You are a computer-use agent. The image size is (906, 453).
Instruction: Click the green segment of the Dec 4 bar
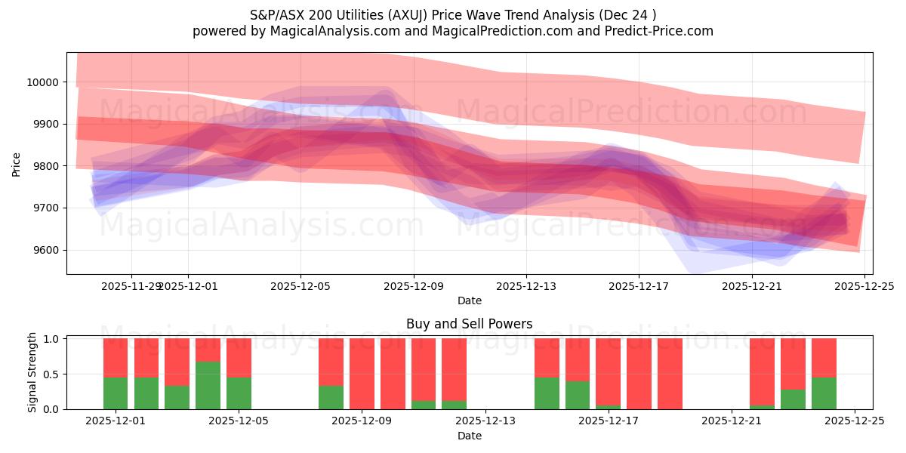point(208,385)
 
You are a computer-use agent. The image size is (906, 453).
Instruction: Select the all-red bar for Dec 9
point(362,374)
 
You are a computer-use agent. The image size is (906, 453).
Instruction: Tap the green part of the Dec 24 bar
point(824,393)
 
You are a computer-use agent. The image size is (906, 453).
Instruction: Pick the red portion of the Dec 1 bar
point(116,357)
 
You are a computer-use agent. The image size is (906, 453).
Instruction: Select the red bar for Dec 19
point(670,374)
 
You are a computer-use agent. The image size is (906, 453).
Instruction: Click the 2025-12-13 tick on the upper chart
point(526,286)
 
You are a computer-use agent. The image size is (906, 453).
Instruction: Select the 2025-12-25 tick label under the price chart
point(864,286)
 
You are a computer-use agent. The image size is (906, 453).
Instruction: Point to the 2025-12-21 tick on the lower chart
point(732,421)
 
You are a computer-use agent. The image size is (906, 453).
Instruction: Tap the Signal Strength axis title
point(32,372)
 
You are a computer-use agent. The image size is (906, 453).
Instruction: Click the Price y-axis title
point(16,164)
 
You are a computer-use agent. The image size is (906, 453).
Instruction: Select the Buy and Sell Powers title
point(469,324)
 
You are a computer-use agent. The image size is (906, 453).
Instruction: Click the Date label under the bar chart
point(469,436)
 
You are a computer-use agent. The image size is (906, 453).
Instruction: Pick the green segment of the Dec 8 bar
point(331,397)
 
